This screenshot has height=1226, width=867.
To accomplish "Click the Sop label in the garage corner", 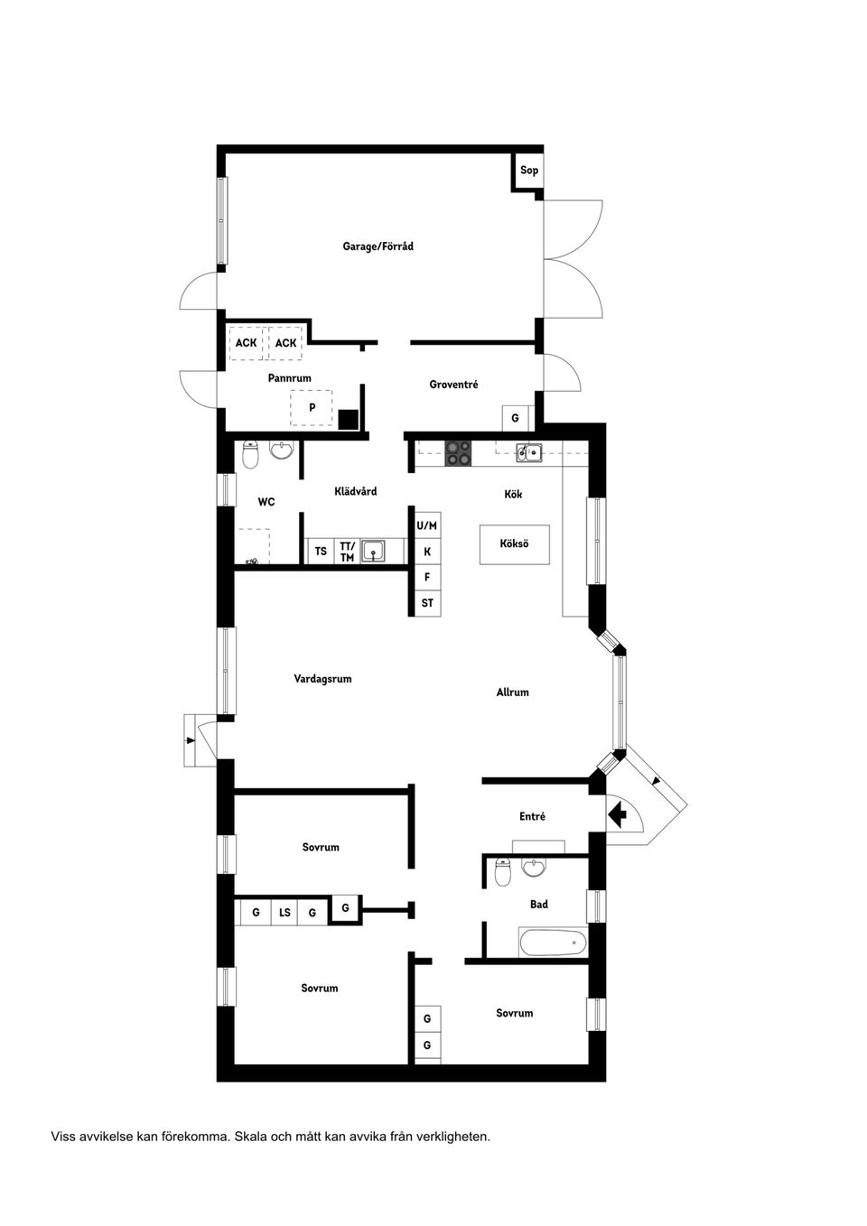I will pos(529,170).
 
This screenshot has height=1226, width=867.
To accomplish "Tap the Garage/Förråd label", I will pos(378,246).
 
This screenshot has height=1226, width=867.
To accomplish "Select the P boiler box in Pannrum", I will pos(312,408).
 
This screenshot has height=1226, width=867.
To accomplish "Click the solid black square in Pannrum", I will pos(349,420).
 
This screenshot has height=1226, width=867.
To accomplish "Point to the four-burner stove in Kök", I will pos(459,453).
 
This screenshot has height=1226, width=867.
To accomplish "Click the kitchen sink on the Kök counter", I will pos(528,453).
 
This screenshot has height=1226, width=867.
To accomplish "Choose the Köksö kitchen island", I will pos(514,543).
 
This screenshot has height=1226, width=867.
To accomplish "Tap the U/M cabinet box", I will pos(427,525).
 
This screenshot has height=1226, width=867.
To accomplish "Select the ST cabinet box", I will pos(427,603).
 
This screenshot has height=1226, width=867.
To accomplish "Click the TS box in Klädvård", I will pos(321,551).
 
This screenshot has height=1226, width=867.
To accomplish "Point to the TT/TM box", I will pos(347,552).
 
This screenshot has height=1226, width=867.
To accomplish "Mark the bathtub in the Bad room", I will pos(553,943).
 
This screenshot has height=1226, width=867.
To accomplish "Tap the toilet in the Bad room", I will pos(503,873).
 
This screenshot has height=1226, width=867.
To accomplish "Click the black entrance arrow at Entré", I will pos(619,815).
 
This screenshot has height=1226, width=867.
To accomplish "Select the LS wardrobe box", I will pos(284,913).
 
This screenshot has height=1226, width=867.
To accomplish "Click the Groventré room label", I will pos(453,384).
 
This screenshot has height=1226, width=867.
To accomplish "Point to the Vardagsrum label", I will pos(322,679).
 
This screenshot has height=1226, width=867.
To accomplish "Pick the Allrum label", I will pos(512,692).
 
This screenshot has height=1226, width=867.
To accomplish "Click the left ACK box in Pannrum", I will pos(246,343).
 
